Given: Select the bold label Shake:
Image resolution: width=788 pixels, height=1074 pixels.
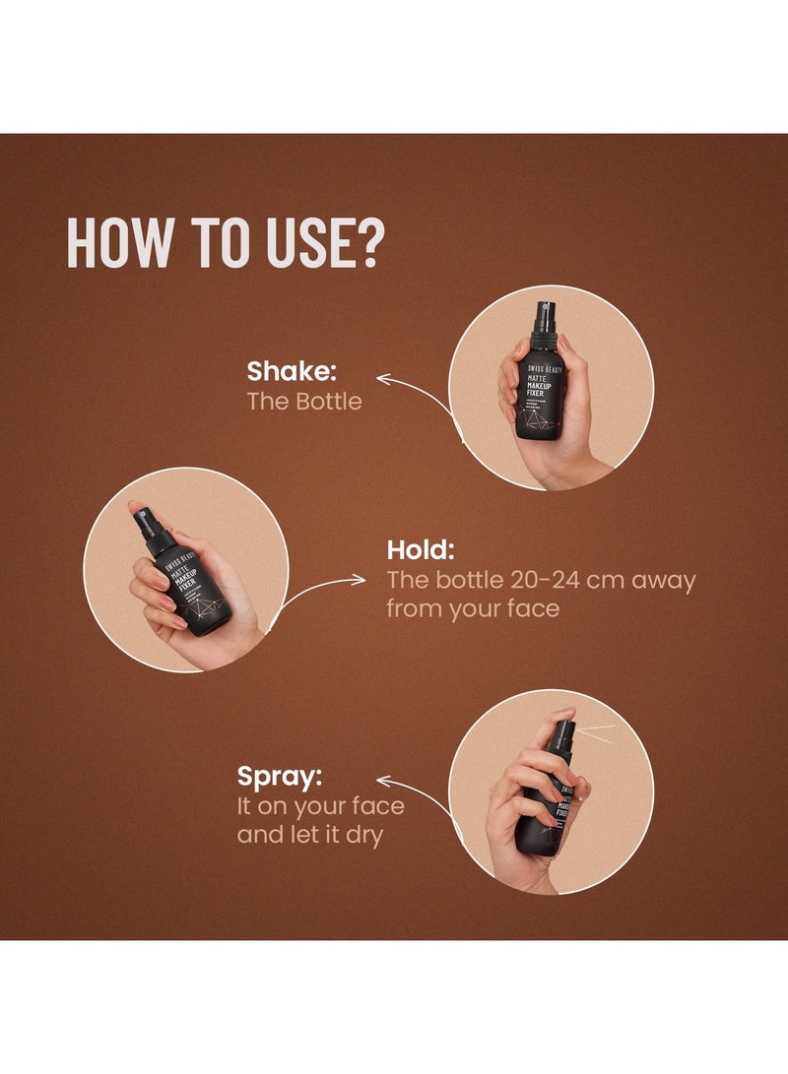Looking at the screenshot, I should point(292,371).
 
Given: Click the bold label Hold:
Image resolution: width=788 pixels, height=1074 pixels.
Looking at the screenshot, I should point(421,549).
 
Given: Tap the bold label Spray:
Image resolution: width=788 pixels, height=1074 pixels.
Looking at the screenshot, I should point(279,776).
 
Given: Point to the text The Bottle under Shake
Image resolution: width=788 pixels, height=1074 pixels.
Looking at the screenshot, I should point(303,402).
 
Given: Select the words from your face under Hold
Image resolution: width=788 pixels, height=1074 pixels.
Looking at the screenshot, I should point(472,609).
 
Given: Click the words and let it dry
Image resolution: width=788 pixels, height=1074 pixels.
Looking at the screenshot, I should point(311,836).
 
